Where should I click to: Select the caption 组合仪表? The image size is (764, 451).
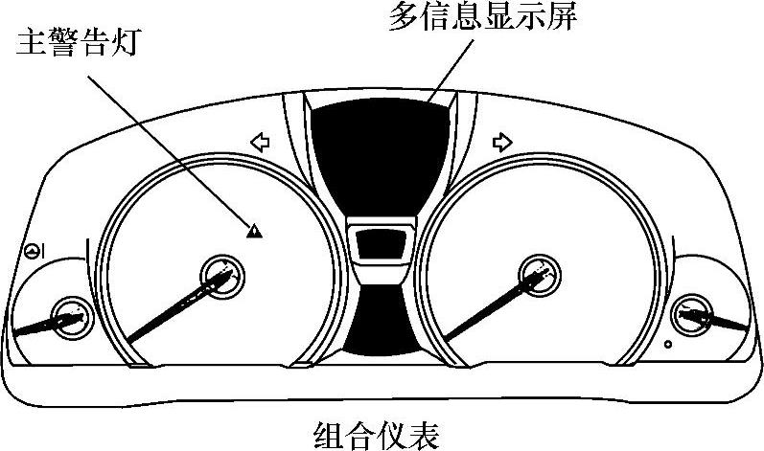[x=376, y=435]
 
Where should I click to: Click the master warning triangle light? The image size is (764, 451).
[x=254, y=230]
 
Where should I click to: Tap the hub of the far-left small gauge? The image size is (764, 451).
[x=69, y=314]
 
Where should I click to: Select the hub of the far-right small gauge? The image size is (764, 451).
[x=691, y=313]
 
